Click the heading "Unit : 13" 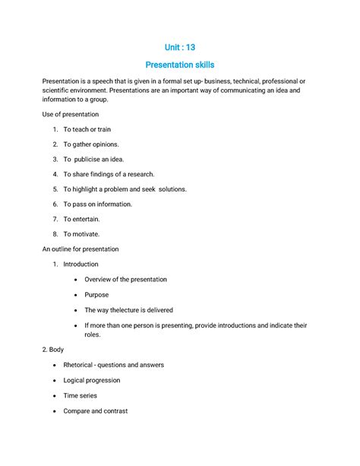[180, 48]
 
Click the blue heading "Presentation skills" [180, 66]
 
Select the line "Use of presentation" [71, 114]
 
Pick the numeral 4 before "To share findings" [55, 174]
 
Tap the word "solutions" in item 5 [169, 189]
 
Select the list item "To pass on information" [97, 204]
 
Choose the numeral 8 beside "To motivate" [55, 234]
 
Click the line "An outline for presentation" [81, 249]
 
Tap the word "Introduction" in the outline [81, 265]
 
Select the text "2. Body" [54, 350]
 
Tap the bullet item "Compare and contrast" [95, 411]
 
